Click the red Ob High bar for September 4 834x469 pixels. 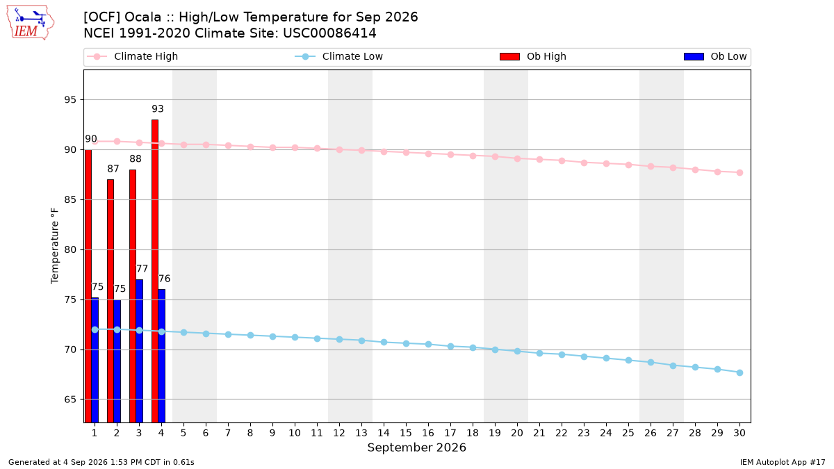click(155, 271)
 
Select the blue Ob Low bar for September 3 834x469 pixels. click(139, 351)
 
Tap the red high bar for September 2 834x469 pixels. click(111, 301)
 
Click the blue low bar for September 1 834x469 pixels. click(95, 360)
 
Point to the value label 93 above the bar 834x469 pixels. click(158, 108)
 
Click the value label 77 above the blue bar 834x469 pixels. click(142, 269)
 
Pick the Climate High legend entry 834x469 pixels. click(133, 56)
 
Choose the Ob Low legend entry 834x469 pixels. click(715, 56)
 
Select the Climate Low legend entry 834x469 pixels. click(338, 56)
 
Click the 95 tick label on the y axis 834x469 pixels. click(70, 100)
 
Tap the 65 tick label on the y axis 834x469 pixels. click(70, 400)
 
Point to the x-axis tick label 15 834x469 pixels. click(406, 433)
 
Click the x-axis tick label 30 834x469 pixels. click(739, 433)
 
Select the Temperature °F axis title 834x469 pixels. click(55, 246)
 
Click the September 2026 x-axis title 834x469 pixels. click(416, 447)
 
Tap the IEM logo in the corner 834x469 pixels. click(30, 23)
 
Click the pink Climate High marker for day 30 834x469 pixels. click(739, 173)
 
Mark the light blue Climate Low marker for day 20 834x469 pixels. click(517, 351)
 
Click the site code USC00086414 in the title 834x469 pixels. click(329, 33)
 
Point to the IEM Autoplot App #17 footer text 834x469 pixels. click(783, 462)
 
